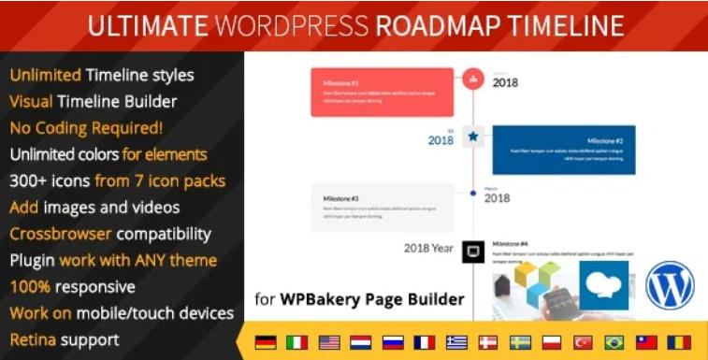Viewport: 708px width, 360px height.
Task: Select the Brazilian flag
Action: click(614, 341)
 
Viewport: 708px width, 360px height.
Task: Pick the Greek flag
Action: click(457, 341)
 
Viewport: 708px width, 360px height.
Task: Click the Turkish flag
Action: click(583, 341)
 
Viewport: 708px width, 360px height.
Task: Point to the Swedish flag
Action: click(520, 341)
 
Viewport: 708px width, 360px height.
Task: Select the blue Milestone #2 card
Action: click(563, 150)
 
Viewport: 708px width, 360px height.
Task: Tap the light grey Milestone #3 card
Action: click(382, 207)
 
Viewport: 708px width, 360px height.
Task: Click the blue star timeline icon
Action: click(473, 137)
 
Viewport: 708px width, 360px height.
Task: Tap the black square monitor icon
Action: click(473, 251)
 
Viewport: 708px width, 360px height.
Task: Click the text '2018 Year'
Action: click(428, 249)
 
